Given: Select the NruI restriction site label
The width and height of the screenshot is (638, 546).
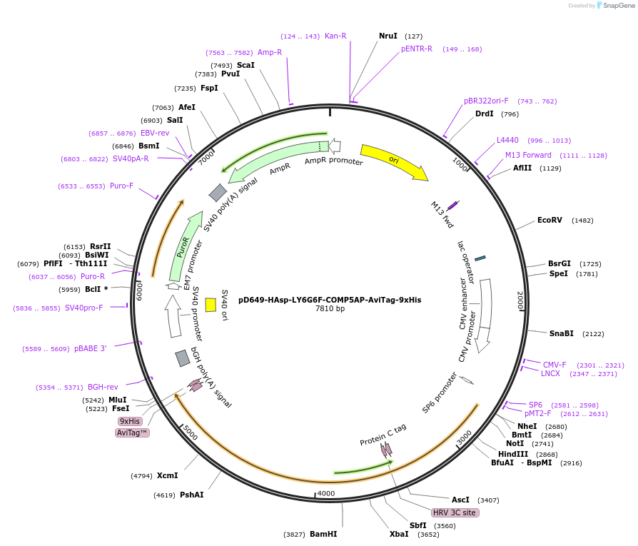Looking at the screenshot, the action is click(x=388, y=36).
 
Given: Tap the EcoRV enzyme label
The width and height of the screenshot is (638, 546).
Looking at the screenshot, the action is click(x=550, y=220).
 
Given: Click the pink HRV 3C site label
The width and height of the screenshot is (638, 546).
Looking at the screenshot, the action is click(x=455, y=512).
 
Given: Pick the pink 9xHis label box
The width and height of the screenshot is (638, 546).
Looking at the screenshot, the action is click(x=130, y=421).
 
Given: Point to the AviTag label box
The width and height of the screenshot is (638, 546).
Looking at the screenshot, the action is click(x=132, y=433).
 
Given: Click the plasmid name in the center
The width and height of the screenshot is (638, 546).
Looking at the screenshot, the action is click(x=330, y=300).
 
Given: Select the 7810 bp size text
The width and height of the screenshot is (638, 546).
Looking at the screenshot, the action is click(x=330, y=309).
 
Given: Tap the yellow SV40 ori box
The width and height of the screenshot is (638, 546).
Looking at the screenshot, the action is click(x=211, y=305).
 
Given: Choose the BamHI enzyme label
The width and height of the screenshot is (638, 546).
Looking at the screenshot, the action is click(x=323, y=534).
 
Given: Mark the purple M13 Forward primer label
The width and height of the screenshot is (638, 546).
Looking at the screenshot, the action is click(x=528, y=155).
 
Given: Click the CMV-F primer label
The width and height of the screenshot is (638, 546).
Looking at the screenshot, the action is click(x=555, y=365).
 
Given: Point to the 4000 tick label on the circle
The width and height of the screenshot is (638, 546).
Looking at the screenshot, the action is click(x=325, y=493).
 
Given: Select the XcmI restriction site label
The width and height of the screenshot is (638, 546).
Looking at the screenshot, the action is click(x=167, y=475).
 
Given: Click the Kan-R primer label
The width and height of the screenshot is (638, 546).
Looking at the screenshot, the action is click(x=335, y=36).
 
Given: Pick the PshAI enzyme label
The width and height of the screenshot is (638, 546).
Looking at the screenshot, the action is click(x=191, y=495).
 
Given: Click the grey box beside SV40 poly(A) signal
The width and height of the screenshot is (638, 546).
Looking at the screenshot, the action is click(x=218, y=192).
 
